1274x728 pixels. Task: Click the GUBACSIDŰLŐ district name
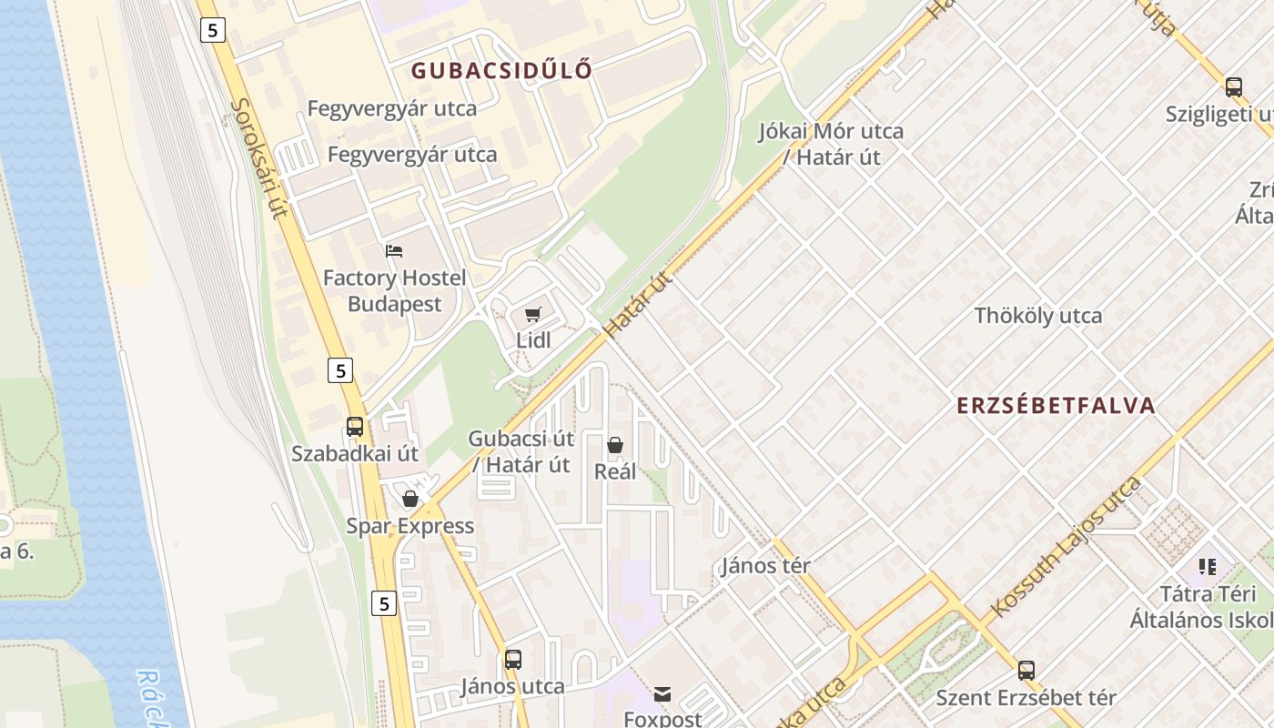click(501, 70)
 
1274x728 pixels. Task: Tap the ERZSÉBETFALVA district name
click(1056, 406)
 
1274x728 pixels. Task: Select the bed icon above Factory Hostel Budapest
click(394, 251)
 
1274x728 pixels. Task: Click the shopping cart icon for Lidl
click(533, 315)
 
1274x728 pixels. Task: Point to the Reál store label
click(615, 471)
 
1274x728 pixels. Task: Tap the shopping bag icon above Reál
click(615, 445)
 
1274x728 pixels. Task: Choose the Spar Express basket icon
click(410, 499)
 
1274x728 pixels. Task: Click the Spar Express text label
click(410, 526)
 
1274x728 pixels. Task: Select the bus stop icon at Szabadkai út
click(355, 426)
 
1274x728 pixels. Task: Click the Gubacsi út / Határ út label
click(521, 451)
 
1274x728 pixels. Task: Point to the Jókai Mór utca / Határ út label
click(832, 144)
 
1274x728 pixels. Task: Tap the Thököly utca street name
click(1038, 316)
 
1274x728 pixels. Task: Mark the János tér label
click(765, 565)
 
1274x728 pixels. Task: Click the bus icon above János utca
click(513, 659)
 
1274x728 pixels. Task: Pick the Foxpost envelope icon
click(662, 695)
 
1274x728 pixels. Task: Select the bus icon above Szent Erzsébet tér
click(1026, 671)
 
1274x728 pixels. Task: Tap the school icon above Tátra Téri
click(1208, 567)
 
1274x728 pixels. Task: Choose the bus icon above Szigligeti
click(1234, 87)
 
